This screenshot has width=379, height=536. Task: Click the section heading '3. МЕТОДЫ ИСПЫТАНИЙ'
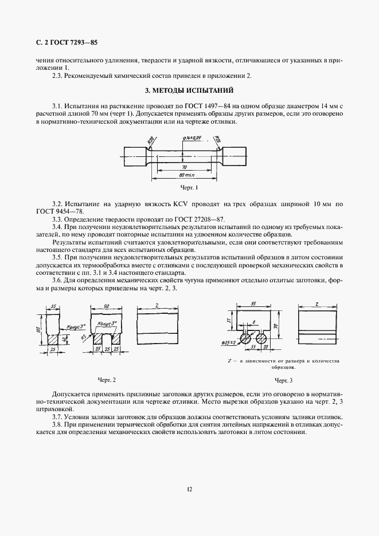[189, 90]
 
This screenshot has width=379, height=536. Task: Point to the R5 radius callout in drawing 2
[84, 337]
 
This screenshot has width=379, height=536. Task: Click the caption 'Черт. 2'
[107, 380]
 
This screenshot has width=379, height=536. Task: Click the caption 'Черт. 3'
[284, 380]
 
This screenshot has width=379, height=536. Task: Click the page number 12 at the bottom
[189, 488]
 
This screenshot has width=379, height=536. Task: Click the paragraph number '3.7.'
[59, 417]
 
